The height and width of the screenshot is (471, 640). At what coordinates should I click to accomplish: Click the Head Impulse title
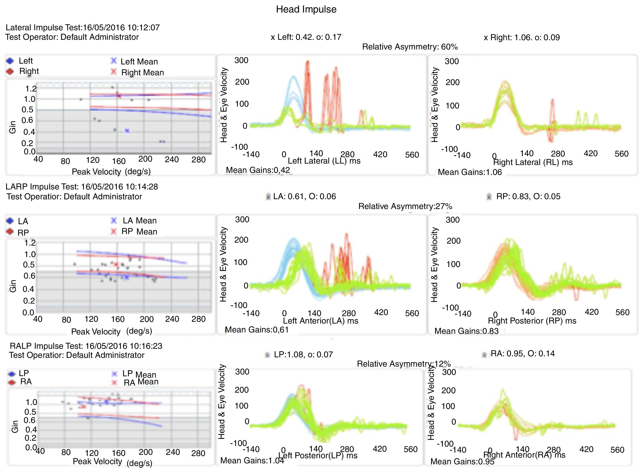click(306, 9)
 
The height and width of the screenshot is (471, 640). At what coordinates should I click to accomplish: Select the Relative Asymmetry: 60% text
click(410, 47)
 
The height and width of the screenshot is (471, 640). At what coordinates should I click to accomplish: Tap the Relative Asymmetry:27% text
click(405, 206)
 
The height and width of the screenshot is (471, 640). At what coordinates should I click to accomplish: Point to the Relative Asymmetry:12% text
click(404, 364)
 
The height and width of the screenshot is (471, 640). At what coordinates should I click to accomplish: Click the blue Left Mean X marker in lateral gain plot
click(127, 131)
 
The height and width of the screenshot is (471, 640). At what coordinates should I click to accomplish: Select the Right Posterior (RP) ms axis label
click(532, 321)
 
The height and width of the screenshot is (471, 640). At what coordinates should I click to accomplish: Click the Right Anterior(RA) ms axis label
click(524, 455)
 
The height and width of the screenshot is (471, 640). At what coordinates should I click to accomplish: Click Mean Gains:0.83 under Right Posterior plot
click(466, 331)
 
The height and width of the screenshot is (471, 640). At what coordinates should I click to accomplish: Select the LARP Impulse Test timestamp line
click(82, 187)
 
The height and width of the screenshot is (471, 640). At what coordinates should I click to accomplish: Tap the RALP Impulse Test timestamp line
click(86, 346)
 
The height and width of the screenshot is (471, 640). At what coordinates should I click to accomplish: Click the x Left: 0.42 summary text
click(306, 37)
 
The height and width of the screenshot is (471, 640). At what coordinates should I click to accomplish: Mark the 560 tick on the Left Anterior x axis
click(412, 313)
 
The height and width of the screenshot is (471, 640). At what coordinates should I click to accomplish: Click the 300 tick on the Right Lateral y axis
click(452, 61)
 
